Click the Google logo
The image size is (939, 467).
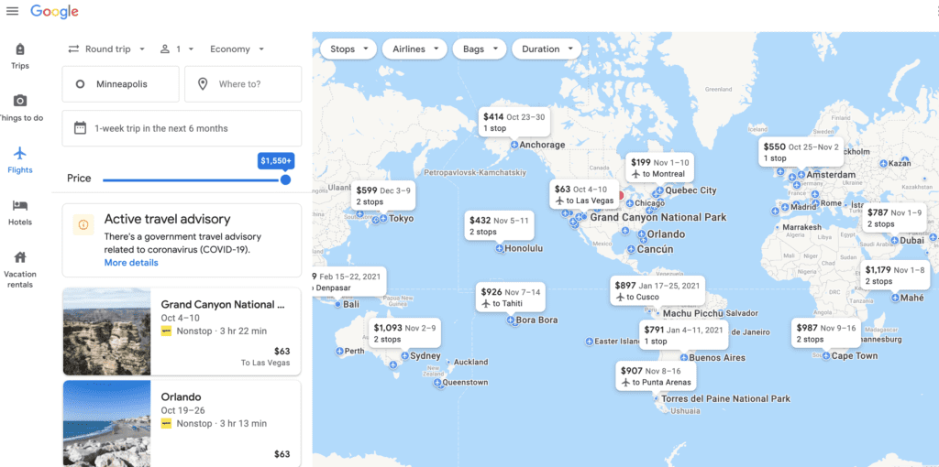[54, 12]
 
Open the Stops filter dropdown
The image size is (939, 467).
[348, 49]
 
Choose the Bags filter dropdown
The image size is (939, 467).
[480, 49]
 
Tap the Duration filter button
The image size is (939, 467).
[547, 49]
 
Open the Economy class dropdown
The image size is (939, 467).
[237, 49]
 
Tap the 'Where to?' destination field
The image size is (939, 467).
[243, 84]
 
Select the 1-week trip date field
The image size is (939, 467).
[182, 128]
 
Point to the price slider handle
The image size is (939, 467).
[285, 179]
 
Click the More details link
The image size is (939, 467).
[131, 263]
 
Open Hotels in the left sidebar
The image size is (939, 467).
[20, 212]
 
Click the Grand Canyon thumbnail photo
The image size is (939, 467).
[106, 331]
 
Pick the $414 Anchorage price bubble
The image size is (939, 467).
[514, 123]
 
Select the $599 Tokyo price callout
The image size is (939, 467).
[384, 195]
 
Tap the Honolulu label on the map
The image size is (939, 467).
[524, 248]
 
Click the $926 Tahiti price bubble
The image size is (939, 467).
[511, 298]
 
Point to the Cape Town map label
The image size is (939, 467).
[854, 356]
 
